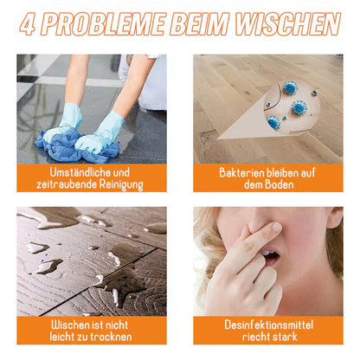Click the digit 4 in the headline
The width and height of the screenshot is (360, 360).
click(30, 24)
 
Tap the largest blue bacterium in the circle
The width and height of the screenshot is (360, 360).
click(299, 107)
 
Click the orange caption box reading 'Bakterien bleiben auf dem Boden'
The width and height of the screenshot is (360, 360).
click(268, 178)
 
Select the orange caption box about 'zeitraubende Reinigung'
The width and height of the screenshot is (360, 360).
click(90, 178)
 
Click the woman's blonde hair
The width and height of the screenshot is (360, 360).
click(212, 238)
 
